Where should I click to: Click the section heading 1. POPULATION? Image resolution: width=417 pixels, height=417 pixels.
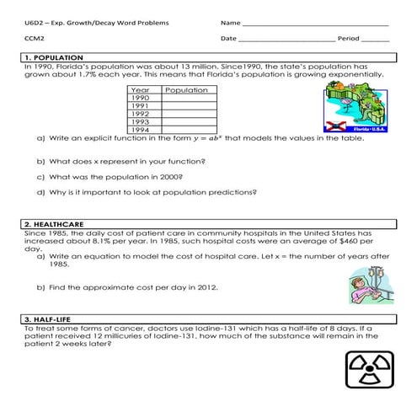tap(51, 57)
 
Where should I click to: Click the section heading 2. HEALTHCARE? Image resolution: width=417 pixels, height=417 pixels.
tap(53, 225)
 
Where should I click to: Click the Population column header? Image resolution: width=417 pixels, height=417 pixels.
tap(186, 89)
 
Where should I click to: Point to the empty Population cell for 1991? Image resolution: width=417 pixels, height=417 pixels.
tap(186, 105)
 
